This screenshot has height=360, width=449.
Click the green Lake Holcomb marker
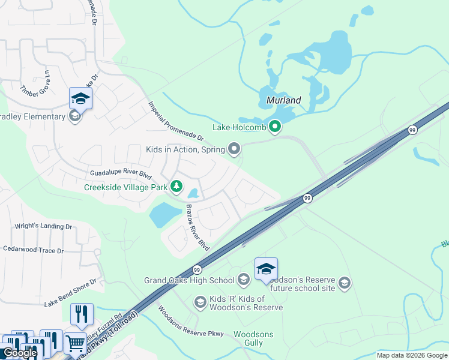pyautogui.click(x=275, y=127)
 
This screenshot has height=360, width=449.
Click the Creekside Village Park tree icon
pyautogui.click(x=176, y=187)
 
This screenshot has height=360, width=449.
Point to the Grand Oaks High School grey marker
pyautogui.click(x=243, y=280)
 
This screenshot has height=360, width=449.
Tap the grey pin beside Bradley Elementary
pyautogui.click(x=75, y=116)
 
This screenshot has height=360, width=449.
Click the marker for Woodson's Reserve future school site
pyautogui.click(x=344, y=283)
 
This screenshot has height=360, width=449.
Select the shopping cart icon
pyautogui.click(x=75, y=344)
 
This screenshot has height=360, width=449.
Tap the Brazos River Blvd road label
pyautogui.click(x=197, y=228)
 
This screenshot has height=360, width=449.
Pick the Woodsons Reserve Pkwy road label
pyautogui.click(x=190, y=323)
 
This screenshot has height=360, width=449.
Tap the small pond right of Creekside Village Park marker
pyautogui.click(x=193, y=194)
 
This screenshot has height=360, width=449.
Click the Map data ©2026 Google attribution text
pyautogui.click(x=412, y=355)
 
